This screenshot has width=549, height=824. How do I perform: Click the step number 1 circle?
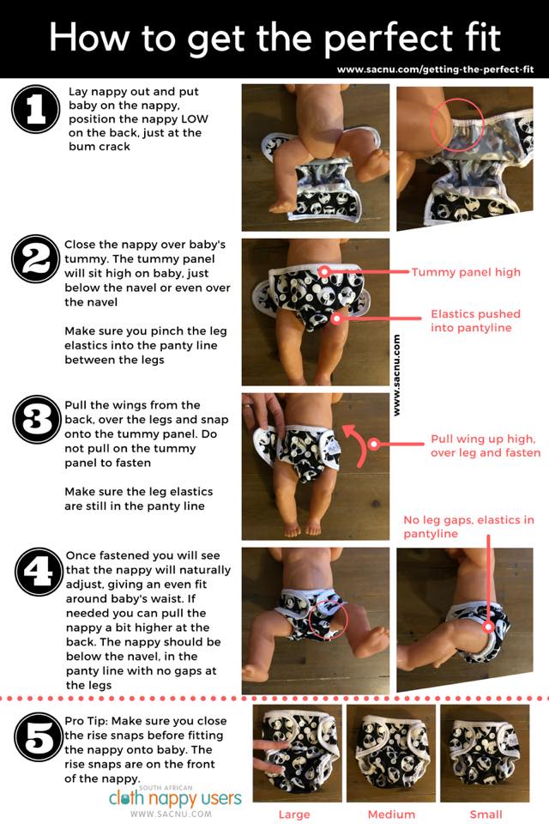pyautogui.click(x=36, y=109)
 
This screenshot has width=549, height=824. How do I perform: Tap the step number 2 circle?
pyautogui.click(x=36, y=259)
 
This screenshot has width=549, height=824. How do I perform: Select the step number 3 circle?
pyautogui.click(x=37, y=420)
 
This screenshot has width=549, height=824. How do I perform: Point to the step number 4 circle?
pyautogui.click(x=39, y=572)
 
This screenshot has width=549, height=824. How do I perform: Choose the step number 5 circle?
pyautogui.click(x=39, y=736)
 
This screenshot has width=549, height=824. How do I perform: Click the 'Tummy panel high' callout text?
pyautogui.click(x=466, y=272)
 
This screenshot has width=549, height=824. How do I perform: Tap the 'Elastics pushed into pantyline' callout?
pyautogui.click(x=475, y=320)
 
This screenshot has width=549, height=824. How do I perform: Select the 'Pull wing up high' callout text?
pyautogui.click(x=486, y=445)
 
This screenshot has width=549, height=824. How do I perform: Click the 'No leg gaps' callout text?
pyautogui.click(x=468, y=526)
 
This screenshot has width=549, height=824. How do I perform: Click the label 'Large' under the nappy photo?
pyautogui.click(x=294, y=815)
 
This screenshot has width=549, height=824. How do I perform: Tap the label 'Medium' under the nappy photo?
pyautogui.click(x=391, y=815)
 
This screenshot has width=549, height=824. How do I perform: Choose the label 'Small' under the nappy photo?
pyautogui.click(x=486, y=815)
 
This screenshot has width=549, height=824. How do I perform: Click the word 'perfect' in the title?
pyautogui.click(x=389, y=39)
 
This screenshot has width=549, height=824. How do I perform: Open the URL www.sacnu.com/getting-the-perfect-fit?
pyautogui.click(x=436, y=70)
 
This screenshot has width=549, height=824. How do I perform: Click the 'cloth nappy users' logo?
pyautogui.click(x=175, y=799)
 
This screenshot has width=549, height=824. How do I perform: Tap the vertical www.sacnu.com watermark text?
pyautogui.click(x=396, y=375)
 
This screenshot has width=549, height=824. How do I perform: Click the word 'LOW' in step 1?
pyautogui.click(x=195, y=118)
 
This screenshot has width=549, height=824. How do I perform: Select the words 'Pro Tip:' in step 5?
pyautogui.click(x=86, y=721)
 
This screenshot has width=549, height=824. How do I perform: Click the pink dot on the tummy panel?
pyautogui.click(x=324, y=272)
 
